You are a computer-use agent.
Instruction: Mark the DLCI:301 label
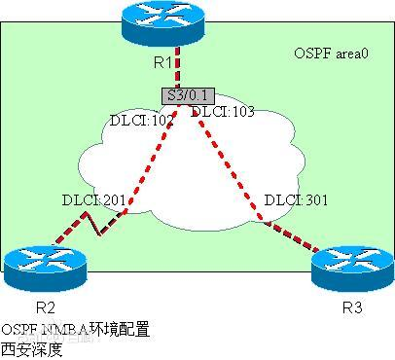click(296, 200)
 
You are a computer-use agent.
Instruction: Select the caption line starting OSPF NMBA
click(76, 330)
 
